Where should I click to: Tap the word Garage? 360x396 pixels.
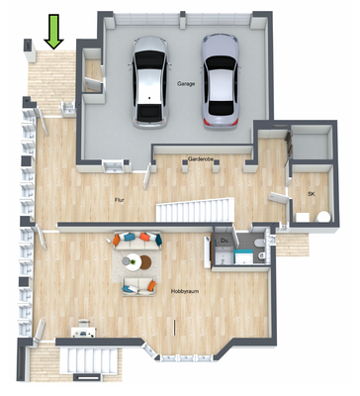186,85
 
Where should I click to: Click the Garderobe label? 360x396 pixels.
201,158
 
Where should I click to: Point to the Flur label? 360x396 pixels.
120,199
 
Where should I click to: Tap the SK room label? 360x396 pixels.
311,194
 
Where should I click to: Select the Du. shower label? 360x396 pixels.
225,241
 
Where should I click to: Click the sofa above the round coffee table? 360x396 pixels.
137,241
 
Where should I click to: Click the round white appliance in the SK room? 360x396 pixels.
300,217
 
